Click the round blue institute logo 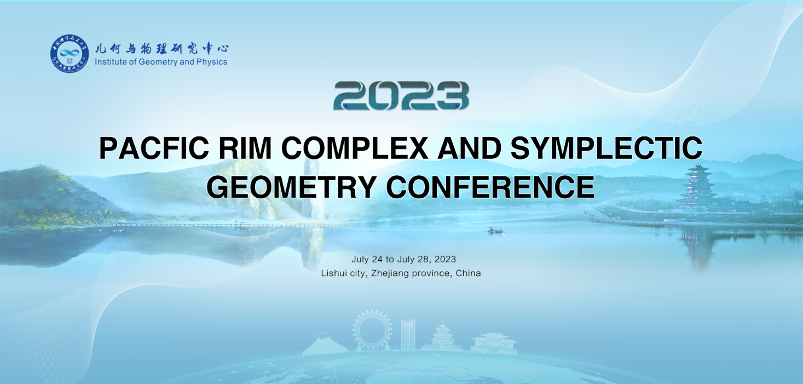pyautogui.click(x=70, y=54)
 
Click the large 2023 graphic pyautogui.click(x=401, y=96)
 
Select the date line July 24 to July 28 pyautogui.click(x=403, y=259)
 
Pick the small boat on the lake pyautogui.click(x=495, y=231)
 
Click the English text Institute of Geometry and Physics pyautogui.click(x=161, y=62)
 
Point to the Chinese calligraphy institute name pyautogui.click(x=161, y=48)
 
